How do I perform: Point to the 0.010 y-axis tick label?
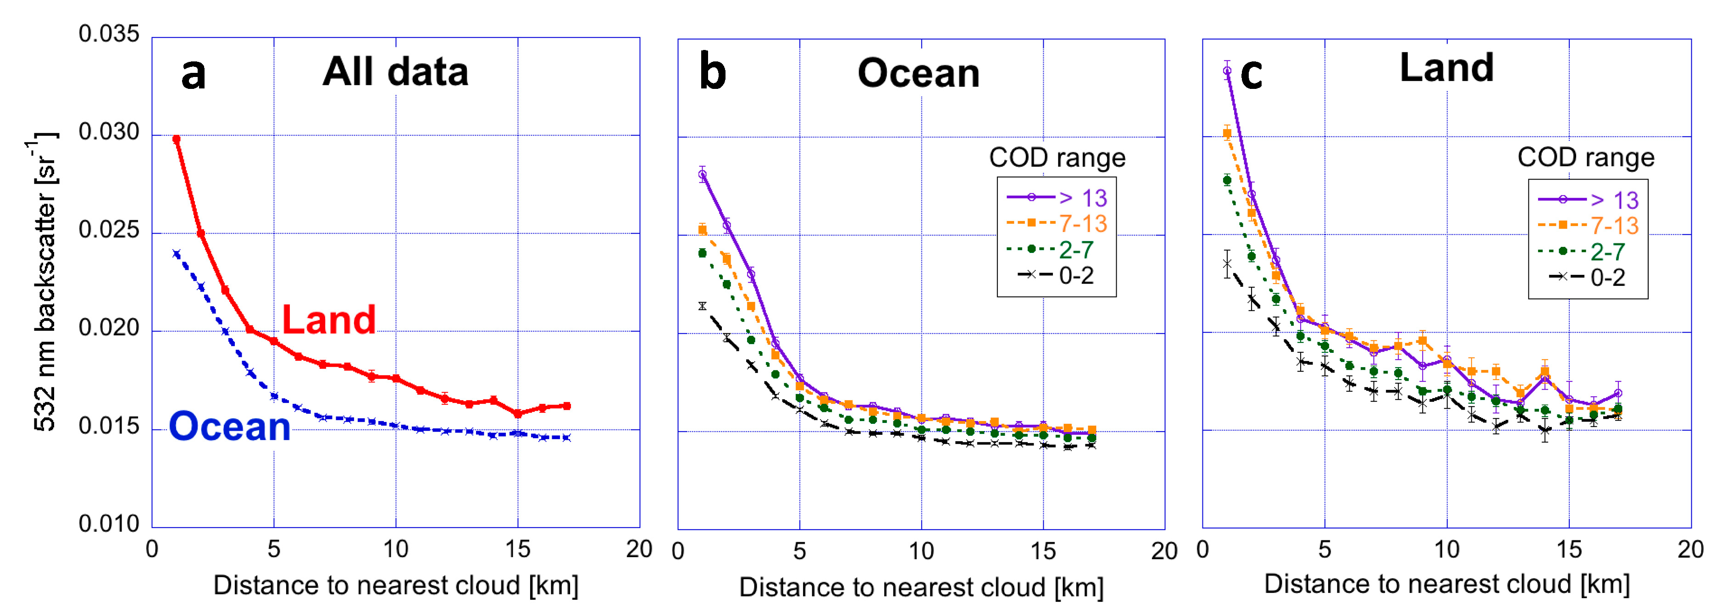coord(109,524)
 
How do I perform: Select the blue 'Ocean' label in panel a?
coord(229,427)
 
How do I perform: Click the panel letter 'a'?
coord(193,74)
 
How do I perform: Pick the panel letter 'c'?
coord(1251,73)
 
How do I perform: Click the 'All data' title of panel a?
coord(395,71)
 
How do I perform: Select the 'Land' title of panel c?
coord(1446,68)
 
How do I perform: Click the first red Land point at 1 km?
coord(177,139)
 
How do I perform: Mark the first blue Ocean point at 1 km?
coord(177,254)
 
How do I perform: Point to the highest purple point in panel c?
coord(1227,71)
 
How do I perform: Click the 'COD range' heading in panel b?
coord(1057,158)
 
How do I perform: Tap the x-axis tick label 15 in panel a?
coord(517,550)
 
